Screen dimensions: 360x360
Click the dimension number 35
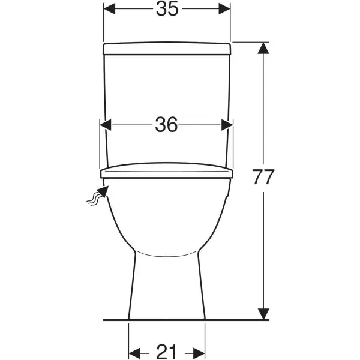click(167, 9)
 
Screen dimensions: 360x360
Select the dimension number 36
click(166, 125)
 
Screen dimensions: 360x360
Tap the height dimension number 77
click(263, 177)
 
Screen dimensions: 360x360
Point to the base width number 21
click(166, 352)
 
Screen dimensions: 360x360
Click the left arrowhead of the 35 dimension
click(109, 9)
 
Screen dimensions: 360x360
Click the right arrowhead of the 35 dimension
click(224, 9)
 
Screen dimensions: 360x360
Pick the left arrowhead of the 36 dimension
click(106, 125)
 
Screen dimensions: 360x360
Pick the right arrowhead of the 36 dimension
click(227, 125)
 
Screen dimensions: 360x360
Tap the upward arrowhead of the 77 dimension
click(263, 48)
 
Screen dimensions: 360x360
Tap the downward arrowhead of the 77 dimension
click(263, 314)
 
